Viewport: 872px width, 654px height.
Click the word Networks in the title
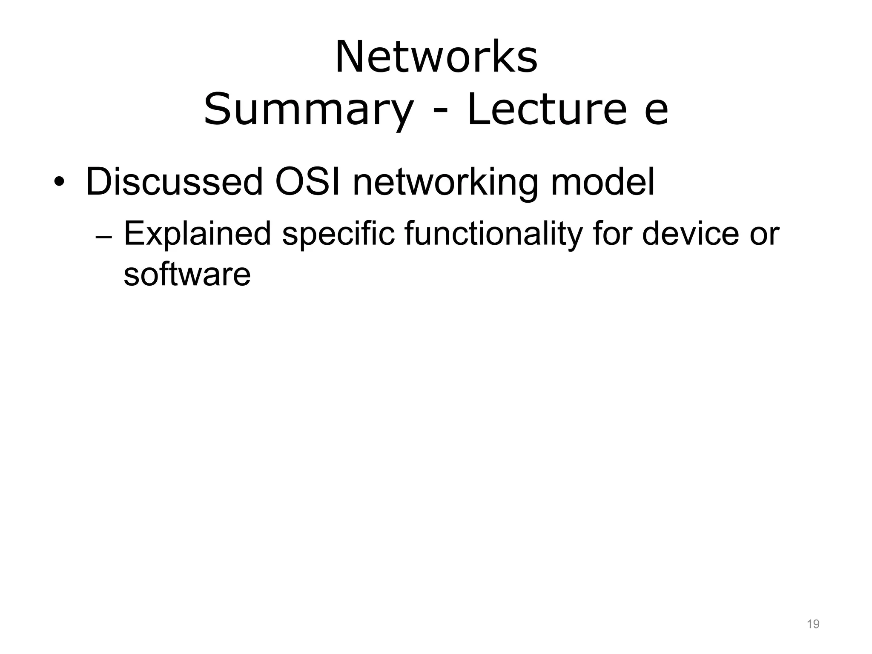point(436,57)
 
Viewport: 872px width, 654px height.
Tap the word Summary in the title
point(308,110)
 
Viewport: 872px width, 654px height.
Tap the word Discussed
point(174,182)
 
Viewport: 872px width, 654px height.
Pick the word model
point(602,182)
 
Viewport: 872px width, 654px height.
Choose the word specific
point(338,234)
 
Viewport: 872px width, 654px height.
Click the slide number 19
point(813,624)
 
